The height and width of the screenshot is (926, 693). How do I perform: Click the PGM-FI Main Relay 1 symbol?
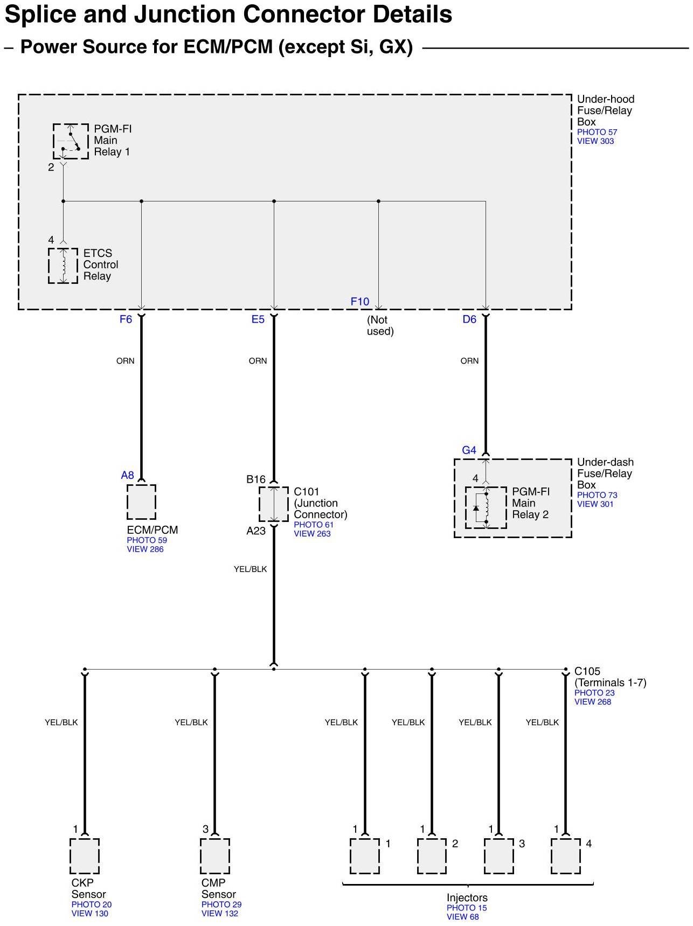(71, 141)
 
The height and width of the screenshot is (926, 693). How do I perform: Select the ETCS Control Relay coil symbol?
(63, 266)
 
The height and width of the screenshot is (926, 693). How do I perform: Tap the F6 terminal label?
(126, 319)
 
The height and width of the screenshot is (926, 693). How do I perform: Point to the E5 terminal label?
(258, 319)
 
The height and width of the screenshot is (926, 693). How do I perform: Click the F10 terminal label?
(360, 302)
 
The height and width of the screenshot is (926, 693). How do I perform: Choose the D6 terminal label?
(469, 319)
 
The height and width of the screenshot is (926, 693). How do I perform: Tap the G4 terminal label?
(469, 450)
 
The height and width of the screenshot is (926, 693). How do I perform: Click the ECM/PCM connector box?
(141, 502)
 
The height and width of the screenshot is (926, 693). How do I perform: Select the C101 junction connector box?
(274, 504)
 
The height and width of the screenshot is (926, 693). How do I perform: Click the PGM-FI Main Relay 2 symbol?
(486, 507)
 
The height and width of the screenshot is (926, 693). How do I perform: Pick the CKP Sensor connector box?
(85, 856)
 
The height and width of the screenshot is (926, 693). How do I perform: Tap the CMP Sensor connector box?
(214, 856)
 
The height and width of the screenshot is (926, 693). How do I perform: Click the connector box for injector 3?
(498, 856)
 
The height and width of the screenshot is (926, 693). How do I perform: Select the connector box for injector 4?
(565, 856)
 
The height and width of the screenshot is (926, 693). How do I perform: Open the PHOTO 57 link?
(597, 132)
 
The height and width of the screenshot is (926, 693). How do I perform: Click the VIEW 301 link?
(595, 504)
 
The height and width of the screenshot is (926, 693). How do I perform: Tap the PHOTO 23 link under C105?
(594, 693)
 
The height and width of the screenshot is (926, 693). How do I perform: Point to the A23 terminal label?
(256, 531)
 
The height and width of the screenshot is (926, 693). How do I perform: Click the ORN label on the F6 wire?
(126, 361)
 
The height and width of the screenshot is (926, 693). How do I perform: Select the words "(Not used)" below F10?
(380, 325)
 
